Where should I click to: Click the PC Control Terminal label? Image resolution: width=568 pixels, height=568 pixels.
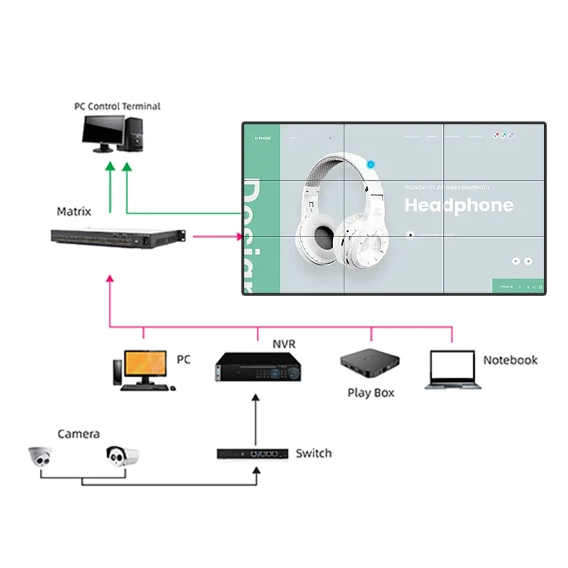point(117,106)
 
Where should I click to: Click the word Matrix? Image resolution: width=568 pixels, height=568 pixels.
point(74,212)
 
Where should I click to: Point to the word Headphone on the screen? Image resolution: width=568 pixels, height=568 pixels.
point(459,206)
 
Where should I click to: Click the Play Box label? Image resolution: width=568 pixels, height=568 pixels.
point(371,393)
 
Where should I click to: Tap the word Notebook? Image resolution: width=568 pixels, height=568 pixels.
point(510,360)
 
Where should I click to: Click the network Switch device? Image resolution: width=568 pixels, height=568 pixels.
point(253,453)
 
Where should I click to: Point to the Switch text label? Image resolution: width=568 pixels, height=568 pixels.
point(313,453)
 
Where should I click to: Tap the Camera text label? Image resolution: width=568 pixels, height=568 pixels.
point(78,434)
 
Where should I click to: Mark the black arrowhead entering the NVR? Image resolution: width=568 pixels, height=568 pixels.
point(257,398)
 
